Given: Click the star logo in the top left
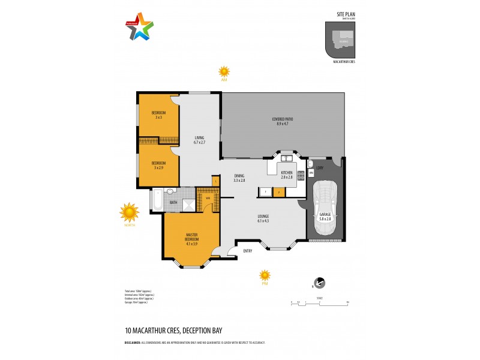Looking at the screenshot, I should tap(140, 26).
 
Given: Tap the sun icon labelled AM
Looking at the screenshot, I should tap(224, 71).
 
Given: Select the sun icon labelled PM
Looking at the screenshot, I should tap(265, 275).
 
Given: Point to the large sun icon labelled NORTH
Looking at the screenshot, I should tap(129, 212).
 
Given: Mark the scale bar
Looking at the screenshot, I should tap(319, 302).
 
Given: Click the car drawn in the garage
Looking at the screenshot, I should tap(326, 203).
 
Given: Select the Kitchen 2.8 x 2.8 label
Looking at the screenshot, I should tap(287, 175).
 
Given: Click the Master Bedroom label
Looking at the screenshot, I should tap(192, 237).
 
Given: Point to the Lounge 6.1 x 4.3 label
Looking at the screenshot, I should tap(263, 218).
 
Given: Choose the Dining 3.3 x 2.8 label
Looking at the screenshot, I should tap(239, 178).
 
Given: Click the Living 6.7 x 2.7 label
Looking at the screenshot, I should tap(199, 140).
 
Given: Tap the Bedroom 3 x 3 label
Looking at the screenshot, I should tap(158, 115).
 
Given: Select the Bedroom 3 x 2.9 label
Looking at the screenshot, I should tap(158, 164).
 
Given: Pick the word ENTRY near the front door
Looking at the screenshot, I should tap(247, 251).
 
